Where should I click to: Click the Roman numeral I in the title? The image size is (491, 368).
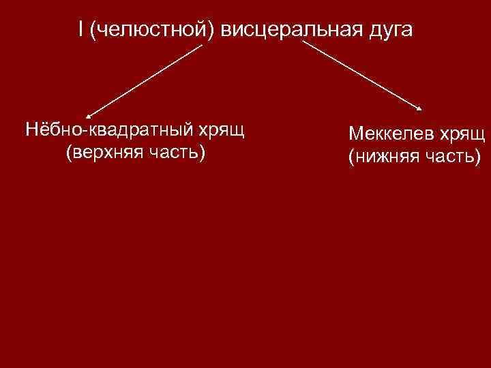pos(80,31)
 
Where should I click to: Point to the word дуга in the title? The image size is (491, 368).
pos(386,31)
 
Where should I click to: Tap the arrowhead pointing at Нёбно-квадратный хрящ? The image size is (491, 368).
pos(89,116)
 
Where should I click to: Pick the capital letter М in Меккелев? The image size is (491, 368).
pos(355,135)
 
